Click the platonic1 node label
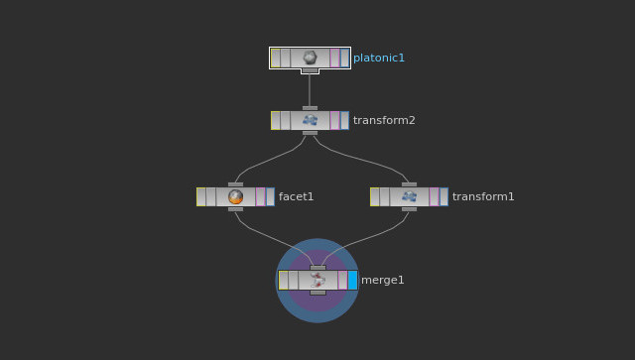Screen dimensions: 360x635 pos(379,58)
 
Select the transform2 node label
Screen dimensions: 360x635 pos(384,120)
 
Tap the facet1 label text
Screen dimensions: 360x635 pos(296,196)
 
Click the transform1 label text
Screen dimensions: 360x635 pos(483,196)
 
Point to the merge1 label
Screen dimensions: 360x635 pos(382,280)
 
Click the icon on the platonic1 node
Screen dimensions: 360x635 pos(310,58)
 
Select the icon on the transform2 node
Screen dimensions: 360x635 pos(310,120)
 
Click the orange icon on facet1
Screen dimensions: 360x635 pos(235,196)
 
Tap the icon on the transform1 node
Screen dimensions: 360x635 pos(409,196)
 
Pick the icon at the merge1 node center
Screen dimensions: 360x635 pos(317,280)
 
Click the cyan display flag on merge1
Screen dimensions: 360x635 pos(352,280)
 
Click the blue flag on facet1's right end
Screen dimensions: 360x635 pos(270,196)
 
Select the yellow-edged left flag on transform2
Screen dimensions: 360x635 pos(275,120)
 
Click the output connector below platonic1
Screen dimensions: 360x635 pos(310,70)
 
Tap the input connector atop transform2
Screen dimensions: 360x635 pos(310,107)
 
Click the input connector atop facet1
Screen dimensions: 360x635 pos(235,183)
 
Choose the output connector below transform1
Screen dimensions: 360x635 pos(409,209)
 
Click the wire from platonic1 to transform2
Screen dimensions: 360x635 pos(310,89)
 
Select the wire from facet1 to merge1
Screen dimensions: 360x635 pos(268,235)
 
